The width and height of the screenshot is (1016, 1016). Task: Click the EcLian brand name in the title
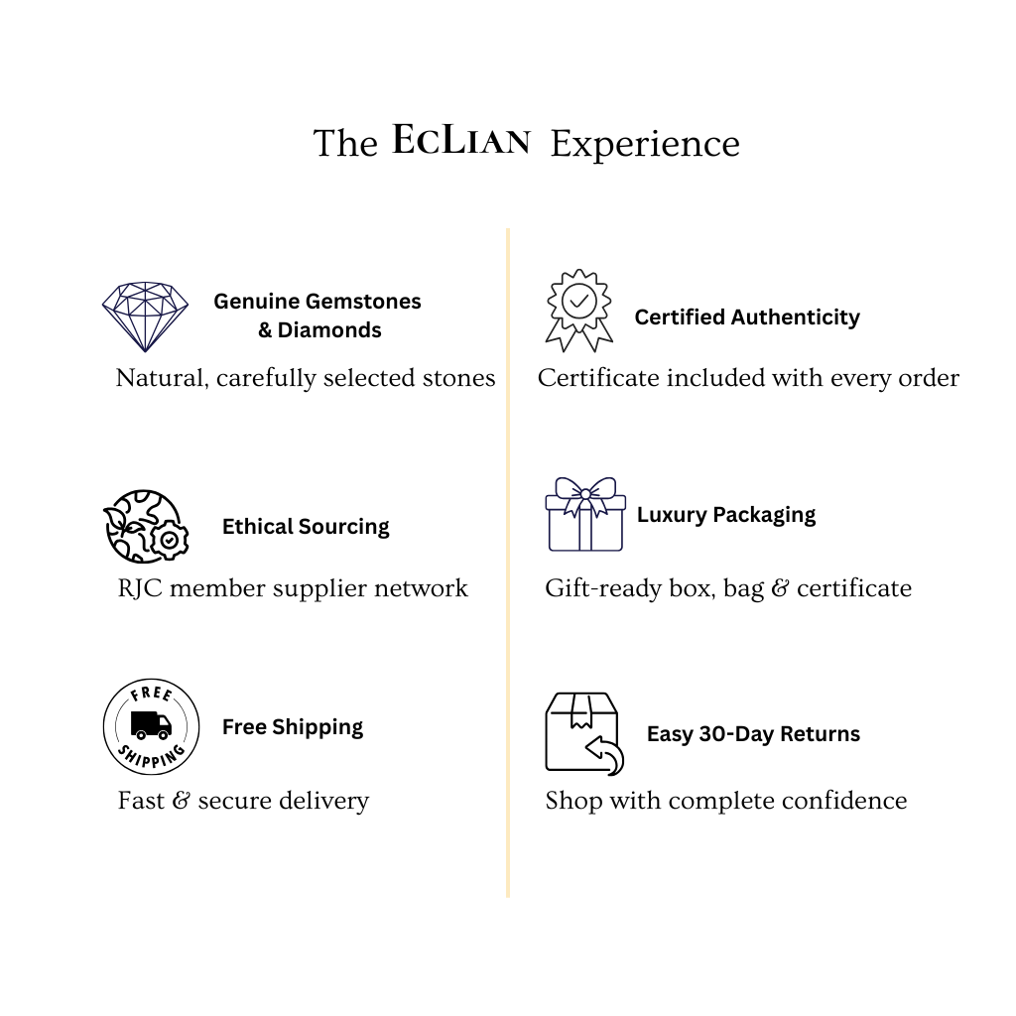tap(461, 140)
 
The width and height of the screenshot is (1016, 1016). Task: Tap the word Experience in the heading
tap(645, 145)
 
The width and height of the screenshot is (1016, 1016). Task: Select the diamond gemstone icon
tap(145, 317)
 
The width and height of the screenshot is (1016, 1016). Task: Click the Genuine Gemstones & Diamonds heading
tap(317, 316)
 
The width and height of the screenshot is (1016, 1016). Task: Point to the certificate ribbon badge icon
tap(579, 311)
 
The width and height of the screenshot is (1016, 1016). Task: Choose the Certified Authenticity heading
tap(747, 317)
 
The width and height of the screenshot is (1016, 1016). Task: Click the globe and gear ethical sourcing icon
tap(146, 526)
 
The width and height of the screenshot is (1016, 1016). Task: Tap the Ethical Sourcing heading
tap(306, 527)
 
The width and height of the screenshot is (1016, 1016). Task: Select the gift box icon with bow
tap(585, 515)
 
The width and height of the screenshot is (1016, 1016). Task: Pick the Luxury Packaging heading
tap(726, 515)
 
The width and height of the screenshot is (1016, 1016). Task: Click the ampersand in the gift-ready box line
tap(780, 588)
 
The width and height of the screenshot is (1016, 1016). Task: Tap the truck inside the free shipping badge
tap(151, 725)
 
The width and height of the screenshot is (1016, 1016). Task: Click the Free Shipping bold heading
tap(293, 727)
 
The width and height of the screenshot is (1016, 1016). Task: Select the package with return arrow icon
tap(584, 733)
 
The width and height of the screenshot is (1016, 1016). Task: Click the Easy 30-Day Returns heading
tap(754, 734)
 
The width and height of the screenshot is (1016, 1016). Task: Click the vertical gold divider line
tap(508, 563)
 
